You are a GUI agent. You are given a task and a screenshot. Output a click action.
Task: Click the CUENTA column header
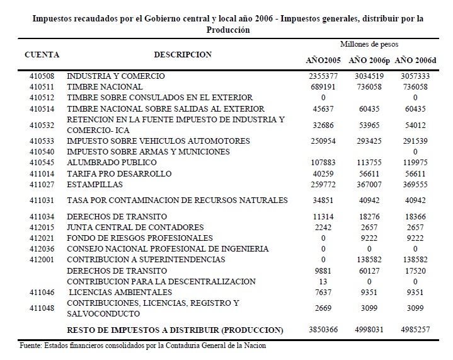pos(42,55)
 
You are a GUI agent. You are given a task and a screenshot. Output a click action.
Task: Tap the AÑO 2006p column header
pos(369,60)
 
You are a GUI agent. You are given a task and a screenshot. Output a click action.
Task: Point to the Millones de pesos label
pos(369,45)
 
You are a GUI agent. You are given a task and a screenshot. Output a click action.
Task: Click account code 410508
pos(42,76)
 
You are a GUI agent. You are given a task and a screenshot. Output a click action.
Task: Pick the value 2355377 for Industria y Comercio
pos(323,76)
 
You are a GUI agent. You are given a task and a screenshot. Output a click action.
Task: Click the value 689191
pos(323,87)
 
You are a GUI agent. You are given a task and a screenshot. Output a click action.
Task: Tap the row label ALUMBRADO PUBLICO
pos(104,163)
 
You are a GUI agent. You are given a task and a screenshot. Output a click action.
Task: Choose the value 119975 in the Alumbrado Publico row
pos(415,163)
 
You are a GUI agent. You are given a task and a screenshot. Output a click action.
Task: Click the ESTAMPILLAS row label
pos(95,185)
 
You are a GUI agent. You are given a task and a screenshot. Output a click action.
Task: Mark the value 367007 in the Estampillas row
pos(369,185)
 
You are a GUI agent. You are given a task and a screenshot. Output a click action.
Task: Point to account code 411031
pos(42,200)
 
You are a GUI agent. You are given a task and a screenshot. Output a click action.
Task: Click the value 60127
pos(369,270)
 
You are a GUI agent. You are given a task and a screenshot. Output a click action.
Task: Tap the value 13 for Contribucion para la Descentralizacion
pos(323,282)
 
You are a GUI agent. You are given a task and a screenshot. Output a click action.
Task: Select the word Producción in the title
pos(227,30)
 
